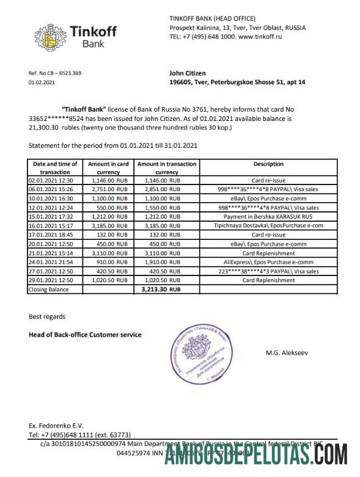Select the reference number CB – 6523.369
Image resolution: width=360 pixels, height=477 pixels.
pyautogui.click(x=55, y=73)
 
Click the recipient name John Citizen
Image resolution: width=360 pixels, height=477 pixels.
pyautogui.click(x=187, y=73)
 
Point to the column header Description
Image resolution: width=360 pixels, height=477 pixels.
pyautogui.click(x=268, y=164)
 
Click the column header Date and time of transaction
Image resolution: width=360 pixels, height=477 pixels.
pyautogui.click(x=55, y=168)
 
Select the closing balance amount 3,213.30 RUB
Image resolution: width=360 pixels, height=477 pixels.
pyautogui.click(x=157, y=289)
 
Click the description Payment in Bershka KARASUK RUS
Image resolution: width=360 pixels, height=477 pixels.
pyautogui.click(x=268, y=216)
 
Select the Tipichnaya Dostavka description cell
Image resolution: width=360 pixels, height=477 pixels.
pyautogui.click(x=268, y=225)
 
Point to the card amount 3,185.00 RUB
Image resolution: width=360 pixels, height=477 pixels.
pyautogui.click(x=108, y=225)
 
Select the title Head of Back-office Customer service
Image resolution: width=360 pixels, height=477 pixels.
pyautogui.click(x=85, y=335)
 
